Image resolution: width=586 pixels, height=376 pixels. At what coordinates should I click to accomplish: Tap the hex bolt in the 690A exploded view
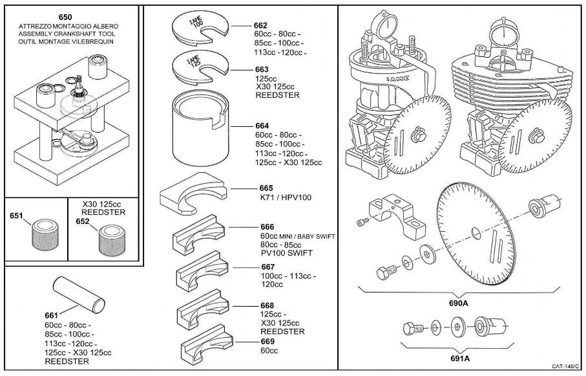386,274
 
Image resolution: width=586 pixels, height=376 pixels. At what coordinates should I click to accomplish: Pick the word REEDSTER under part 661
67,361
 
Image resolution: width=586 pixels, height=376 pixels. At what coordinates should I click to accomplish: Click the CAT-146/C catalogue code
564,366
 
